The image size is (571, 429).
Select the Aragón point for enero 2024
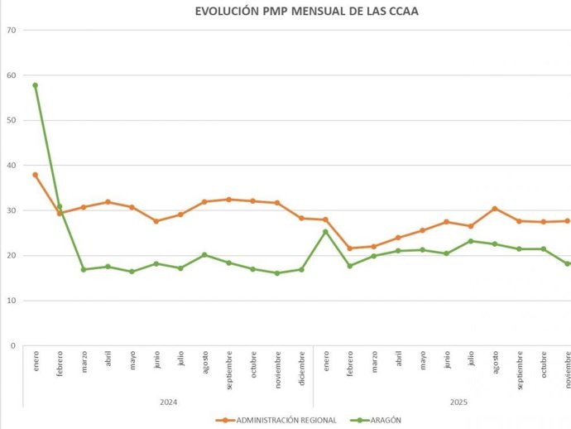(x=35, y=85)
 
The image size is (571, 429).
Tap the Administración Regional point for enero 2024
(x=35, y=175)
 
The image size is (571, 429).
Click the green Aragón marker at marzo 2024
(x=84, y=269)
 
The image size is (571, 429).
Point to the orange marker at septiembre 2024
(x=228, y=200)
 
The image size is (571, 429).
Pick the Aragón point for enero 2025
(x=325, y=232)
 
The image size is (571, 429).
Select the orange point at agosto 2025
(x=495, y=209)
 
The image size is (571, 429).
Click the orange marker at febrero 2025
(x=350, y=248)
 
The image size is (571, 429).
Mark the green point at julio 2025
(x=471, y=241)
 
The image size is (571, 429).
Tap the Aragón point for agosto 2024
(x=204, y=255)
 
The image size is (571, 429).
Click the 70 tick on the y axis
(x=11, y=30)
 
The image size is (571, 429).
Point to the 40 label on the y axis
(x=11, y=166)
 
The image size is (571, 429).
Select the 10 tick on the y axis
(x=11, y=301)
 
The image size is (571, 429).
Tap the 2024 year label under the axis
(x=169, y=402)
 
